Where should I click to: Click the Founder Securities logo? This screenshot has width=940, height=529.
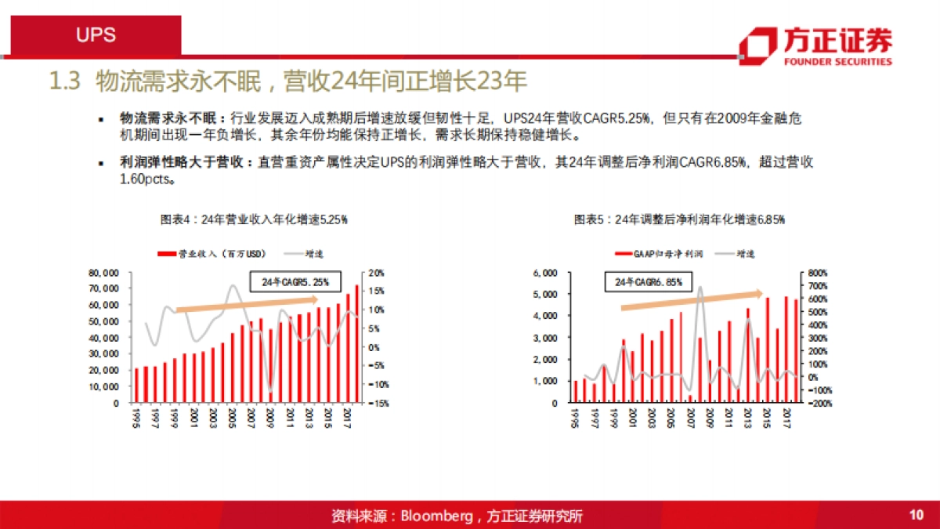[x=815, y=45]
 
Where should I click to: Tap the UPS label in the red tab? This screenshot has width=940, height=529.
[x=96, y=35]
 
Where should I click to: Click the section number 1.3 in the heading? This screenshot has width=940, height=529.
[x=66, y=82]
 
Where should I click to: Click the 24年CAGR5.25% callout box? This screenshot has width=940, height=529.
[x=295, y=281]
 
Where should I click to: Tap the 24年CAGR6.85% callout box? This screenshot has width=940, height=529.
[x=649, y=281]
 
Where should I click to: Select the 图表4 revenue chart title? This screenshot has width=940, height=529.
[x=253, y=220]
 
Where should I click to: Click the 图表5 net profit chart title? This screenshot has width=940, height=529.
[x=679, y=220]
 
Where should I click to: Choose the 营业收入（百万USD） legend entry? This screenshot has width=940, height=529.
[x=212, y=254]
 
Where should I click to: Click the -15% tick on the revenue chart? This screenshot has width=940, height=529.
[x=377, y=404]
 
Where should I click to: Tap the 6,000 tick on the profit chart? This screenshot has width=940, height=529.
[x=544, y=274]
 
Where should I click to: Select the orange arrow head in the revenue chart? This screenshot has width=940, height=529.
[x=313, y=299]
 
